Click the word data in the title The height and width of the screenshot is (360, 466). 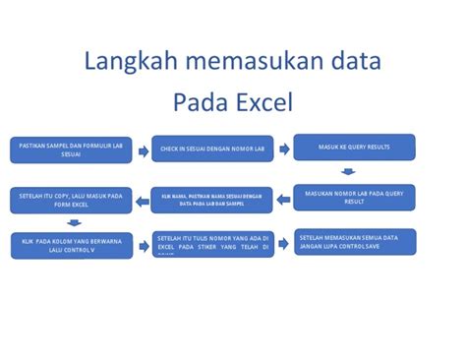pos(352,65)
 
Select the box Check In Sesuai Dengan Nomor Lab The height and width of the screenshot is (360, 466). pos(211,150)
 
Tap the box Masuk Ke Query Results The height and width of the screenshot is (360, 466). pos(354,148)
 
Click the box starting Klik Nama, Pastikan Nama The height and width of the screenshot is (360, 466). pos(211,197)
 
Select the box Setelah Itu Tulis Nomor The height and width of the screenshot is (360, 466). pos(212,243)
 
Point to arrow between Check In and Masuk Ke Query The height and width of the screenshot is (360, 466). pos(284,150)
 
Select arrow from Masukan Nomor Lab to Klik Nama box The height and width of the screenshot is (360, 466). pos(284,199)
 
